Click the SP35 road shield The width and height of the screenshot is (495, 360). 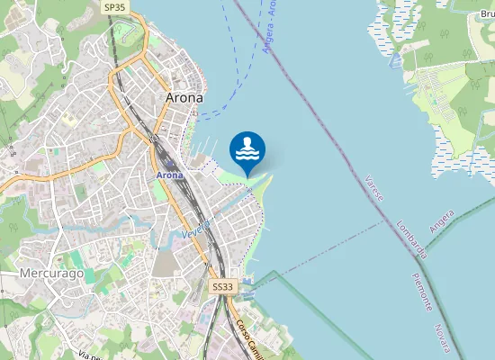(114, 7)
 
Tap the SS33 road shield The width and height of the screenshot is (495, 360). (222, 286)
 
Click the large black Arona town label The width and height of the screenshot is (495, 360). (184, 97)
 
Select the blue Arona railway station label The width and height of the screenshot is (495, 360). (169, 175)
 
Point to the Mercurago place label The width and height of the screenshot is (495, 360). (51, 273)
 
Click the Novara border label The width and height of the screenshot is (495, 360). (442, 338)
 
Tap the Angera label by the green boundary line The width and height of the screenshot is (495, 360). (442, 220)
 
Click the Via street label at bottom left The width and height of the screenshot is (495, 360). (87, 356)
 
